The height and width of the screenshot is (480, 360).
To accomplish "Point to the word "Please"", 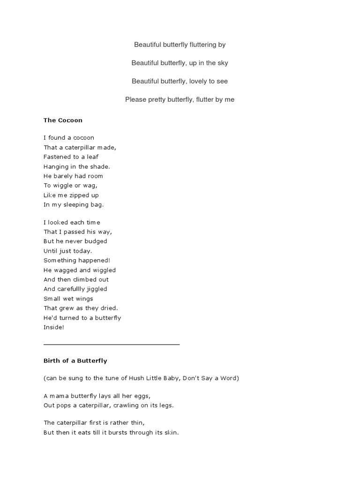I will click(135, 99).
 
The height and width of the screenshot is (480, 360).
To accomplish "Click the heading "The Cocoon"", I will click(63, 120).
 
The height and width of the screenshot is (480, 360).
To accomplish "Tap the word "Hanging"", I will click(56, 166).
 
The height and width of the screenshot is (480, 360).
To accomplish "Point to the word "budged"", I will click(96, 241).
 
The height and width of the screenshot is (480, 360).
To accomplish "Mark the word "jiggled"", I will click(96, 289).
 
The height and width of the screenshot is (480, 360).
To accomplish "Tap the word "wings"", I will click(84, 299).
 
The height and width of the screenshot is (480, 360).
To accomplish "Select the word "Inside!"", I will click(53, 327).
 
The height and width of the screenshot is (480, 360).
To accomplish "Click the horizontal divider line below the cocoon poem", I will click(112, 345).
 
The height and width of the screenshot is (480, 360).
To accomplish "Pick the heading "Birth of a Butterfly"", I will click(75, 360).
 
